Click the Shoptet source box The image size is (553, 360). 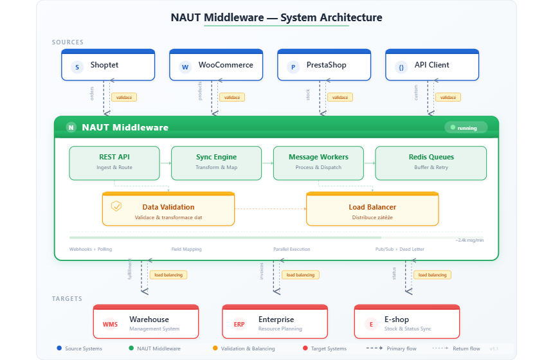[108, 66]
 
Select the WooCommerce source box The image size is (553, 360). [216, 66]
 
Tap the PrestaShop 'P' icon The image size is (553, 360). [293, 67]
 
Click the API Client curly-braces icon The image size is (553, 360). [401, 67]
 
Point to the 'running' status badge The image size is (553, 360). [466, 128]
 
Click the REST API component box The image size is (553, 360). [114, 163]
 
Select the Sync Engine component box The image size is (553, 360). [216, 163]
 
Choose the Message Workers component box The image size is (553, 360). [318, 163]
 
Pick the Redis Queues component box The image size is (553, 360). [431, 163]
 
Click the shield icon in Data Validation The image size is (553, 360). [116, 206]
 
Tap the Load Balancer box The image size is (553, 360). [372, 210]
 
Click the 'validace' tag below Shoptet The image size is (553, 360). [123, 98]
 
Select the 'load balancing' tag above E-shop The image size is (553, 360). [432, 274]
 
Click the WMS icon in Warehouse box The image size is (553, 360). [110, 325]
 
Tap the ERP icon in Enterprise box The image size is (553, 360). [239, 325]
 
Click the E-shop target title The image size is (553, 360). [396, 319]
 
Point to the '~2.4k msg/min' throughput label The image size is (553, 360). [469, 240]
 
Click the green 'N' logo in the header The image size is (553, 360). [71, 127]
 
